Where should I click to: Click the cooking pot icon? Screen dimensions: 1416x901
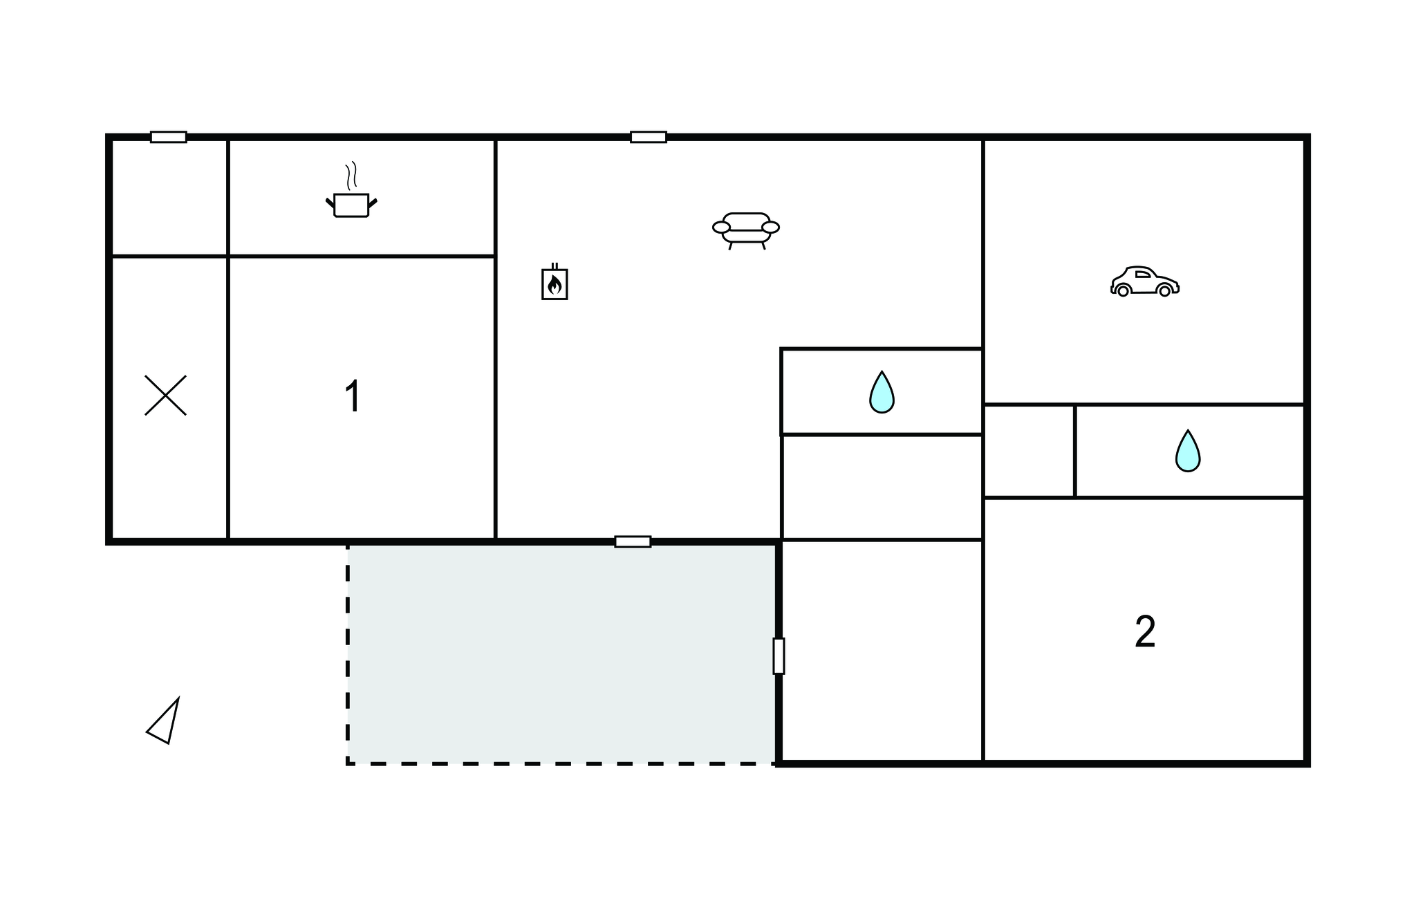click(x=351, y=205)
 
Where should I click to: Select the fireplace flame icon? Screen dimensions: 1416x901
click(x=555, y=282)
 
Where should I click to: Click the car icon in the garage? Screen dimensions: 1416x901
click(x=1145, y=281)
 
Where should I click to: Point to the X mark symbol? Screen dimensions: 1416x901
click(x=165, y=395)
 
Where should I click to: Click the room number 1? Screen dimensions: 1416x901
click(x=353, y=396)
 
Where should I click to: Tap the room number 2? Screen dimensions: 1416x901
click(x=1145, y=631)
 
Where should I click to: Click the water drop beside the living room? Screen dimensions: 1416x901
click(x=882, y=393)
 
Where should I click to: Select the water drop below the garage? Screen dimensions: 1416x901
click(x=1188, y=452)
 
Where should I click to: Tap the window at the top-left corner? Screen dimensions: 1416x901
click(x=169, y=137)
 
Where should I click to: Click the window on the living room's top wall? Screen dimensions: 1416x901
click(x=649, y=137)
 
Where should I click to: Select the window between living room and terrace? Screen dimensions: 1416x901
click(x=633, y=541)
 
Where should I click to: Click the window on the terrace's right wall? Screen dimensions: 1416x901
click(x=779, y=656)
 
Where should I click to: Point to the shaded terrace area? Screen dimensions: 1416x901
click(x=562, y=653)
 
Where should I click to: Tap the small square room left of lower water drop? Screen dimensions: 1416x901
click(x=1029, y=451)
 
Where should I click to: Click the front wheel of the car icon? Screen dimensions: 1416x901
click(x=1165, y=291)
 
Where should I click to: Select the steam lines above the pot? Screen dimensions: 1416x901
click(x=351, y=176)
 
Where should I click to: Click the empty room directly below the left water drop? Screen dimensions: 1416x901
click(x=882, y=487)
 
